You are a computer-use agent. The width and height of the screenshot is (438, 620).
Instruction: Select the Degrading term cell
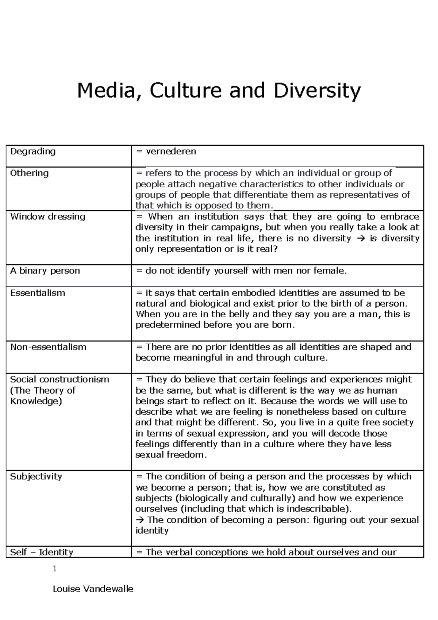[x=33, y=151]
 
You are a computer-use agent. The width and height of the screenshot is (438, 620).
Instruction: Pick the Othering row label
[x=29, y=173]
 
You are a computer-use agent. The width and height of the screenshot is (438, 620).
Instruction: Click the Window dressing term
[x=48, y=217]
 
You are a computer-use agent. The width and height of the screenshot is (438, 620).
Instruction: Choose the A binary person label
[x=45, y=271]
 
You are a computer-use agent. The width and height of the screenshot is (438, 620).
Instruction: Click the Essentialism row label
[x=38, y=293]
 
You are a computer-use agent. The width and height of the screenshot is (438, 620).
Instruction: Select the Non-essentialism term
[x=48, y=347]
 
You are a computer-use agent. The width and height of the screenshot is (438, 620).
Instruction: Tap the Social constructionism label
[x=59, y=379]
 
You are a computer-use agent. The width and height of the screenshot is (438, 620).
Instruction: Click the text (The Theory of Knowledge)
[x=43, y=396]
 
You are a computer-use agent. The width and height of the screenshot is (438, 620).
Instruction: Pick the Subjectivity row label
[x=36, y=477]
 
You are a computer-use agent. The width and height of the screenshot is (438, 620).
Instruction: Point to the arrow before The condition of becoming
[x=140, y=520]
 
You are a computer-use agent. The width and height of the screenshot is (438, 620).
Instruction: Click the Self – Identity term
[x=42, y=552]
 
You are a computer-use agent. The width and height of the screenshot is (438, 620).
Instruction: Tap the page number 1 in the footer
[x=55, y=569]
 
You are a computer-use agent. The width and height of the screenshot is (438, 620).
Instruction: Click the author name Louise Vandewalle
[x=93, y=589]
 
